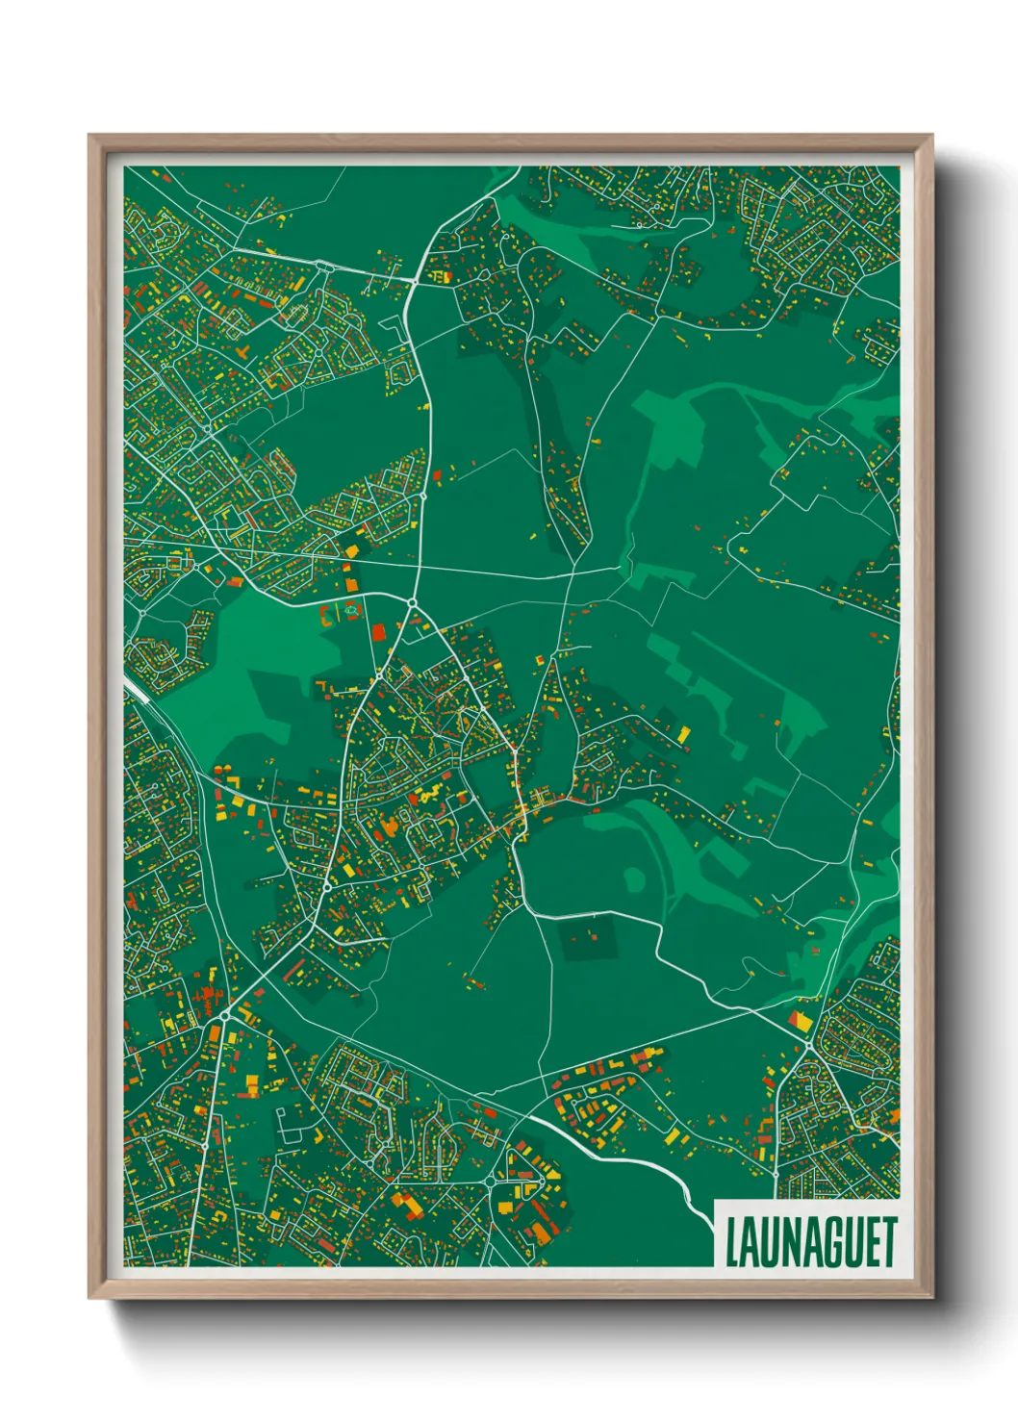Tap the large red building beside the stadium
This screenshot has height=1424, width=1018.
point(378,631)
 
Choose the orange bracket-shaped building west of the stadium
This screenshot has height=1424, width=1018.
point(325,614)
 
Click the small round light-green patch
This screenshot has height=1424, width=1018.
point(633,878)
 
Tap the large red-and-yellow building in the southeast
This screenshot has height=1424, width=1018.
point(798,1020)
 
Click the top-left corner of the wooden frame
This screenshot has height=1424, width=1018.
point(89,137)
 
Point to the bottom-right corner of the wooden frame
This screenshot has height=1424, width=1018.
point(931,1298)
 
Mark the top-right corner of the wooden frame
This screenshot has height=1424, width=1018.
point(931,137)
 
